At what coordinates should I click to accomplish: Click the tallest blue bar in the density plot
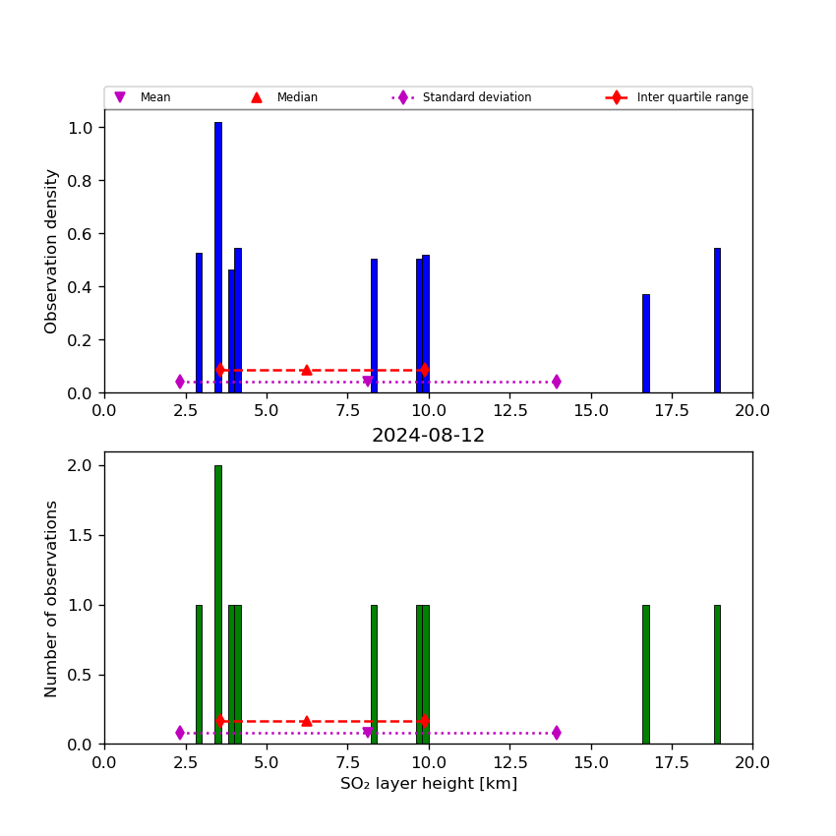tap(218, 256)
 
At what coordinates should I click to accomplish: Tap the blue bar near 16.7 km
tap(645, 344)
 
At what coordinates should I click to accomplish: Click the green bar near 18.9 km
tap(717, 674)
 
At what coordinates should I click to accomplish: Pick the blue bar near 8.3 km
tap(374, 325)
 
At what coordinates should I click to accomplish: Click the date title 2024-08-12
tap(428, 436)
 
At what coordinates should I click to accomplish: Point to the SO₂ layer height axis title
tap(428, 784)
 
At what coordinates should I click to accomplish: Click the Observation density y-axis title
tap(51, 251)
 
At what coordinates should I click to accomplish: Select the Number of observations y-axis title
tap(51, 598)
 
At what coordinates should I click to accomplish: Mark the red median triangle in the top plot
tap(306, 370)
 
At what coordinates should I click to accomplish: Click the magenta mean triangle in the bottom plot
tap(368, 733)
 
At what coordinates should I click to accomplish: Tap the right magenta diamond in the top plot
tap(557, 382)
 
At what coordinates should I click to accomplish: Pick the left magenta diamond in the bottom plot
tap(180, 733)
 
